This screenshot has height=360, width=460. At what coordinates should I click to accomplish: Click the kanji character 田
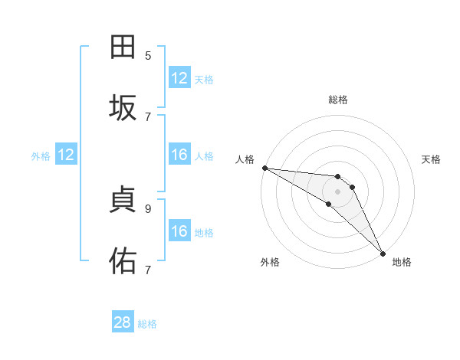pyautogui.click(x=123, y=47)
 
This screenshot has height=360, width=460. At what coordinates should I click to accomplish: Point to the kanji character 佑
pyautogui.click(x=123, y=261)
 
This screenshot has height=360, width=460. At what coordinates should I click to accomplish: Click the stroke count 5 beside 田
pyautogui.click(x=148, y=55)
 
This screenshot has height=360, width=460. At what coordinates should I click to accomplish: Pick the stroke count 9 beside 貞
pyautogui.click(x=148, y=208)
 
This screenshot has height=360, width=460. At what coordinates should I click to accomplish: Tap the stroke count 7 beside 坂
pyautogui.click(x=148, y=116)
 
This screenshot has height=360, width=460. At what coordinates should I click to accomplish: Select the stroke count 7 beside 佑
pyautogui.click(x=148, y=270)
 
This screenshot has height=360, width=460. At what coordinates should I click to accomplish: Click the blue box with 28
pyautogui.click(x=123, y=323)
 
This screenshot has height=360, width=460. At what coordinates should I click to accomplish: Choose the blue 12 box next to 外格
pyautogui.click(x=66, y=155)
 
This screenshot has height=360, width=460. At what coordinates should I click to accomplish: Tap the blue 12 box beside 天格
pyautogui.click(x=179, y=78)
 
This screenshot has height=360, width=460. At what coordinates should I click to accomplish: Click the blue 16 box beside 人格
pyautogui.click(x=179, y=155)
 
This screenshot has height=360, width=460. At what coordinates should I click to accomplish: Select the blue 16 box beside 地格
pyautogui.click(x=179, y=231)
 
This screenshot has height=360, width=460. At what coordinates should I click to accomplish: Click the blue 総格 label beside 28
pyautogui.click(x=147, y=324)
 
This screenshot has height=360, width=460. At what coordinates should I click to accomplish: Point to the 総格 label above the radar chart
pyautogui.click(x=338, y=100)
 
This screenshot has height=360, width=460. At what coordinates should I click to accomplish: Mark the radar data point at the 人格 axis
pyautogui.click(x=264, y=168)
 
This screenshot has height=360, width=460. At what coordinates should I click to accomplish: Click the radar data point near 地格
pyautogui.click(x=383, y=253)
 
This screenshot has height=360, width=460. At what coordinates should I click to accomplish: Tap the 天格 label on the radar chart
pyautogui.click(x=432, y=159)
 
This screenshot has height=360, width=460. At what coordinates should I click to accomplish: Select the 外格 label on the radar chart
pyautogui.click(x=270, y=263)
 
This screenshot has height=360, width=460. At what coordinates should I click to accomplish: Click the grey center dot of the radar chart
pyautogui.click(x=337, y=191)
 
